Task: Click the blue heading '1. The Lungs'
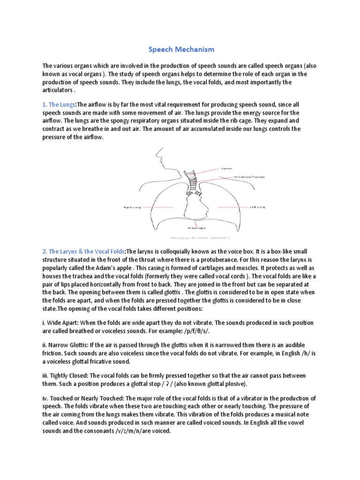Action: click(x=59, y=104)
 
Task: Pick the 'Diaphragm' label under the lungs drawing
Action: click(x=196, y=228)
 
